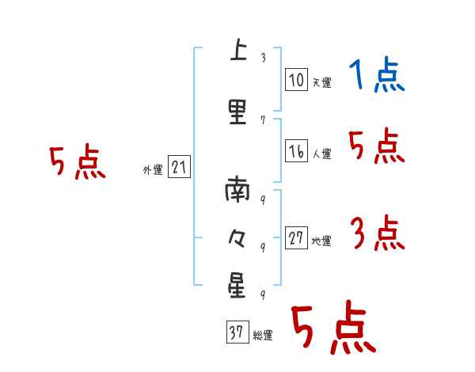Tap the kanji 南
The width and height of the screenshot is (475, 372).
point(237,190)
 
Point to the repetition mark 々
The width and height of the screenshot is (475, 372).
point(237,237)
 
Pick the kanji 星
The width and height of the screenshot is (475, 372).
point(237,284)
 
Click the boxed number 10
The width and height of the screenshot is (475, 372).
point(296,80)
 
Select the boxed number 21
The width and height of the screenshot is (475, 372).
point(179,167)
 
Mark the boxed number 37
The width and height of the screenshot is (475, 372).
point(237,333)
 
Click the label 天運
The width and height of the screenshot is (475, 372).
point(321,82)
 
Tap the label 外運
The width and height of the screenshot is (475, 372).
point(152,169)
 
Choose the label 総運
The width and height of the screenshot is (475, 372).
point(263,336)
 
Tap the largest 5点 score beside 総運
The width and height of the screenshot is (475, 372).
point(332,328)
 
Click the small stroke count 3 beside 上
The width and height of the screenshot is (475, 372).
point(262,58)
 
